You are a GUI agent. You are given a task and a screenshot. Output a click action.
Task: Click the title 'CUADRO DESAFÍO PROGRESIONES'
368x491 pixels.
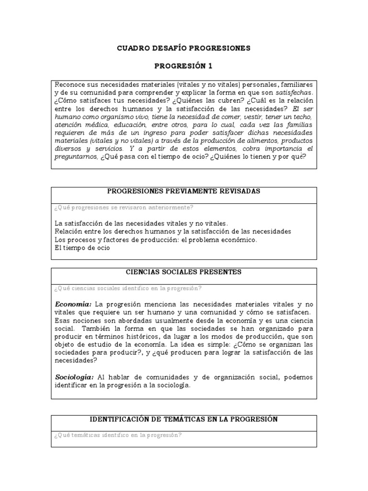(184, 48)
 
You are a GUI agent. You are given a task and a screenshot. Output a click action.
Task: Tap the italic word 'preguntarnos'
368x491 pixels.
(76, 157)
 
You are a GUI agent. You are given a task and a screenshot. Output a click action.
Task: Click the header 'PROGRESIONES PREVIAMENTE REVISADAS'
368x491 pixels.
(184, 191)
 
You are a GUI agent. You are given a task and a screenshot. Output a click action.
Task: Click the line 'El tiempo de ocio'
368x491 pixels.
(82, 248)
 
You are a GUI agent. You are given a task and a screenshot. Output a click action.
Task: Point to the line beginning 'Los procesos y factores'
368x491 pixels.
(156, 240)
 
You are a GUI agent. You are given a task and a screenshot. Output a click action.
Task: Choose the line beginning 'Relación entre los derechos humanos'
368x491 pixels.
(172, 232)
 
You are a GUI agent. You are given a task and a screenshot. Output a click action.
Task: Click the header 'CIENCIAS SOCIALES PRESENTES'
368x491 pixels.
(184, 272)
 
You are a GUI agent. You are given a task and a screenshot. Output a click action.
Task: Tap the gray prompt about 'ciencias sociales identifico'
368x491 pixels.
(128, 288)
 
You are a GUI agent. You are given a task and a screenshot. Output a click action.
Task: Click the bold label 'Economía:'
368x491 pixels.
(73, 304)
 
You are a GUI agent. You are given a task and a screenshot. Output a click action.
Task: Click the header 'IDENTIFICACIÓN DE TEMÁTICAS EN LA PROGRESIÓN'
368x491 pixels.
(184, 419)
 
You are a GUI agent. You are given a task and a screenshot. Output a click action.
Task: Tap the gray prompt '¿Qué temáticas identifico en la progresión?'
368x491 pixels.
(118, 435)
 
